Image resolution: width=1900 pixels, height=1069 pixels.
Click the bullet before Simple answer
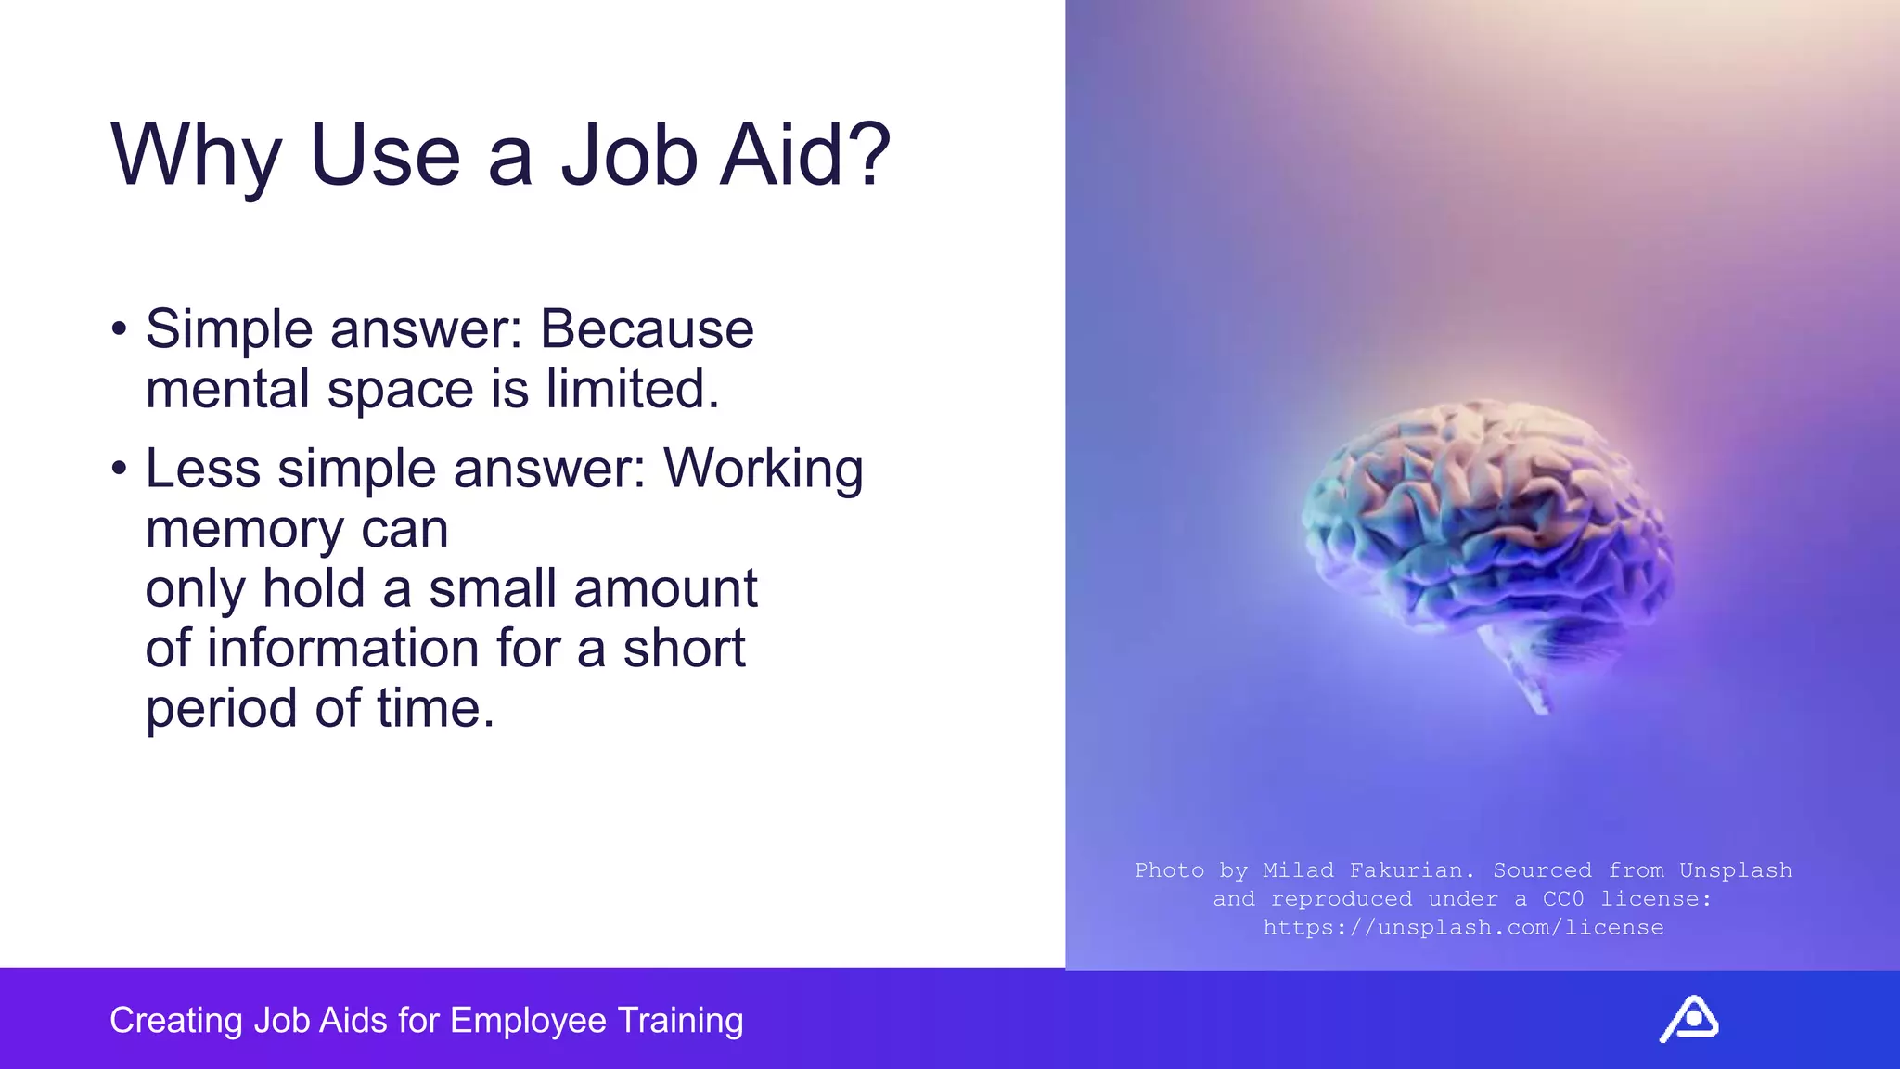pyautogui.click(x=118, y=328)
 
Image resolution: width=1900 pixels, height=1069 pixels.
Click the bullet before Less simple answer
pyautogui.click(x=118, y=469)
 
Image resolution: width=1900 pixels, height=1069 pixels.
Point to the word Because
pyautogui.click(x=647, y=329)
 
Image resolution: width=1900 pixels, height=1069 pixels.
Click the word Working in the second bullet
pyautogui.click(x=763, y=469)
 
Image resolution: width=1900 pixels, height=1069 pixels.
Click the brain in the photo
pyautogui.click(x=1484, y=520)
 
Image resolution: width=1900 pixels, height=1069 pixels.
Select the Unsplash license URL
pyautogui.click(x=1463, y=927)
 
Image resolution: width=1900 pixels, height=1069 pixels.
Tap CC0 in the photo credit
pyautogui.click(x=1563, y=898)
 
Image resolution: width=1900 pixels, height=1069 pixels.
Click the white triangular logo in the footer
pyautogui.click(x=1688, y=1019)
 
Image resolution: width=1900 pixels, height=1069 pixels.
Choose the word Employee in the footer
pyautogui.click(x=529, y=1021)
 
